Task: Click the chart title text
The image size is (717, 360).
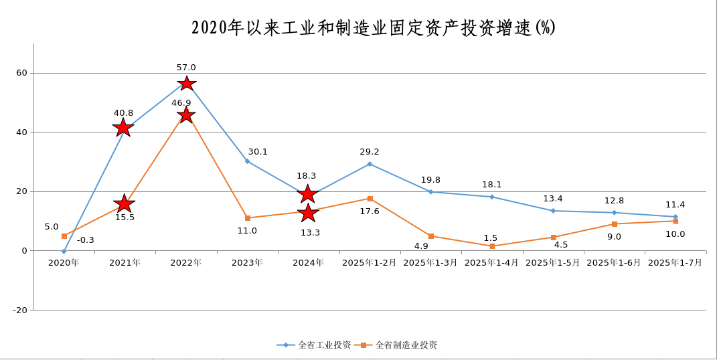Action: pyautogui.click(x=373, y=27)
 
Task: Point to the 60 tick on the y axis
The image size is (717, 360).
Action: pyautogui.click(x=22, y=73)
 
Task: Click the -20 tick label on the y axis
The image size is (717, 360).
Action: pyautogui.click(x=19, y=310)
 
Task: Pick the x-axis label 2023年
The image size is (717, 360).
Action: pyautogui.click(x=247, y=263)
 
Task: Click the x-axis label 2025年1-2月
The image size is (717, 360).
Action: pyautogui.click(x=369, y=263)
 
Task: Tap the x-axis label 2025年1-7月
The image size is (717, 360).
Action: pyautogui.click(x=675, y=263)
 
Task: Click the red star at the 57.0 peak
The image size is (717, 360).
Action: pyautogui.click(x=186, y=83)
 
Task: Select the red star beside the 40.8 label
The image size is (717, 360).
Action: pyautogui.click(x=123, y=127)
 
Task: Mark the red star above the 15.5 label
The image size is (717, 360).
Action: pyautogui.click(x=123, y=203)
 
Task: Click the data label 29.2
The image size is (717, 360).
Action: pyautogui.click(x=370, y=152)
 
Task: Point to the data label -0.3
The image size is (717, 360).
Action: pyautogui.click(x=86, y=240)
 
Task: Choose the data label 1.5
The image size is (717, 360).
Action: pyautogui.click(x=490, y=238)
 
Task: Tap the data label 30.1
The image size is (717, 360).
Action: pyautogui.click(x=258, y=152)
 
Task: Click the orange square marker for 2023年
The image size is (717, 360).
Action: pyautogui.click(x=248, y=218)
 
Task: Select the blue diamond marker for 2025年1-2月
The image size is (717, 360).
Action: pyautogui.click(x=370, y=164)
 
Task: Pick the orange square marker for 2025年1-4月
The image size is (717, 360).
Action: pyautogui.click(x=492, y=246)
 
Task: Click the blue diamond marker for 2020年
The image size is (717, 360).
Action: pyautogui.click(x=64, y=252)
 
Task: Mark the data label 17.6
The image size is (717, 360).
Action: pyautogui.click(x=370, y=211)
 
